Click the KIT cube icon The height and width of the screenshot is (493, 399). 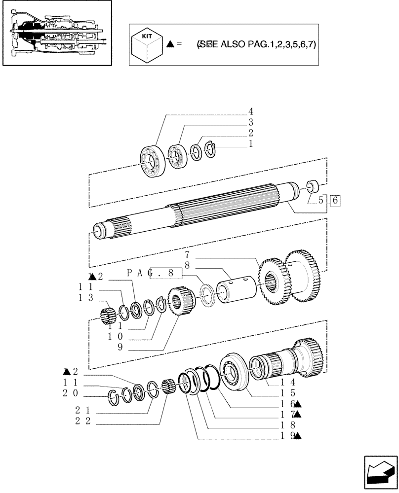147,44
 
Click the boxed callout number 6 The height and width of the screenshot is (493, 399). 336,201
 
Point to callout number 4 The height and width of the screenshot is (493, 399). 251,111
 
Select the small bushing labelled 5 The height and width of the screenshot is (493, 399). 313,187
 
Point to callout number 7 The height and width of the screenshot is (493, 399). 188,255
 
